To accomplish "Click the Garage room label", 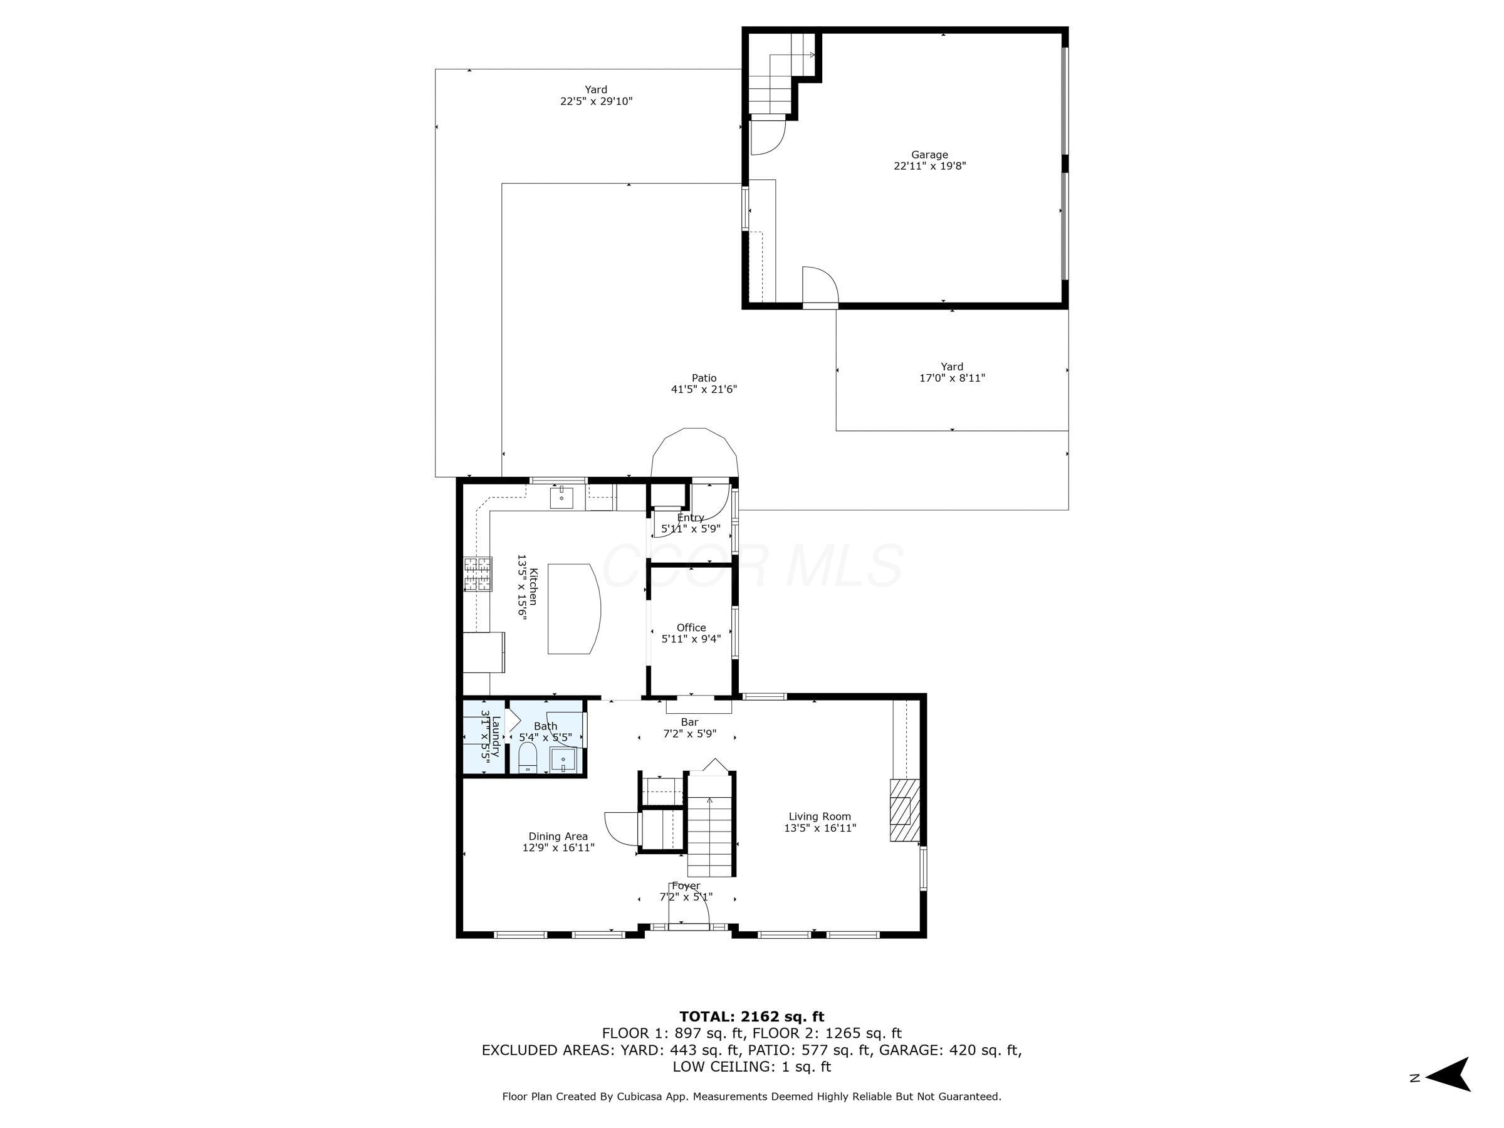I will (x=929, y=154).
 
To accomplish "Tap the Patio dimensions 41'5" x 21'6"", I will (x=704, y=390).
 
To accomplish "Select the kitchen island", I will (x=573, y=608).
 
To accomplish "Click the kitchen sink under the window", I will (x=561, y=498).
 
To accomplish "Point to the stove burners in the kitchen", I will (x=478, y=573).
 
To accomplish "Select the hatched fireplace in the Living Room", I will (x=904, y=810).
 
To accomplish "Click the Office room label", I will (x=691, y=627).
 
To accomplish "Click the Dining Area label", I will (x=558, y=837).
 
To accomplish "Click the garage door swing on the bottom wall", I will (x=819, y=286).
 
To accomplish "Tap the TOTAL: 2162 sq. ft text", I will (x=751, y=1016).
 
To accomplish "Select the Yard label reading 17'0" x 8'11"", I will (x=951, y=372).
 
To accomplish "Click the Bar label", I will (x=689, y=722).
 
